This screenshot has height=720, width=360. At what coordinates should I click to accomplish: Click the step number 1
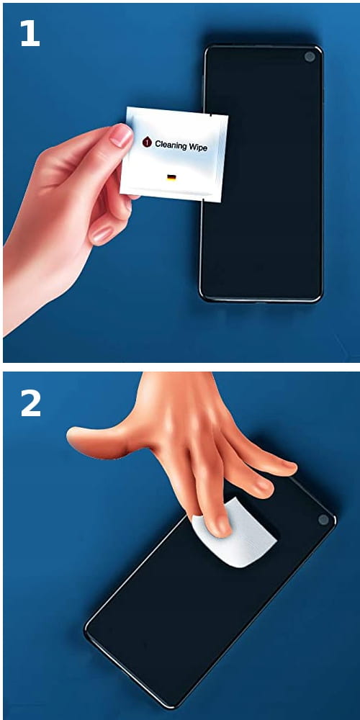coord(30,34)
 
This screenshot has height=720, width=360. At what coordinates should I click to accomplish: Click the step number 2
coord(31,404)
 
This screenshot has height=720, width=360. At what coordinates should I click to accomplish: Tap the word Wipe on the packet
coord(197,148)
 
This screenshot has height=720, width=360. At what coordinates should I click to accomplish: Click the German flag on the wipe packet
coord(171,178)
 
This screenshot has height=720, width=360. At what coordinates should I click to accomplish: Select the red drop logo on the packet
coord(146,143)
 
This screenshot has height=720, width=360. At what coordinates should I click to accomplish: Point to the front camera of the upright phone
coord(310,57)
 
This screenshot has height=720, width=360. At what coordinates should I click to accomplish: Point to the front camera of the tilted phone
coord(324,520)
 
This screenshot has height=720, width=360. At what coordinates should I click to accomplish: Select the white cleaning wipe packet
coord(174,154)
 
